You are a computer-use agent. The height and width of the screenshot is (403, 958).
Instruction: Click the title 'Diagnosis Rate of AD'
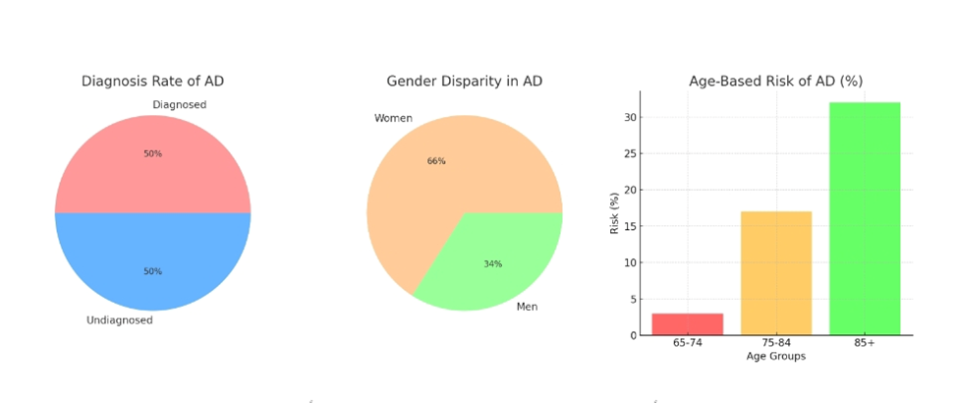(159, 82)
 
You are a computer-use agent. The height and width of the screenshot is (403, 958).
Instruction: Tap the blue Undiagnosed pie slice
(152, 251)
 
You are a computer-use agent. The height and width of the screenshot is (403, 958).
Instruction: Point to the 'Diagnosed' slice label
(179, 104)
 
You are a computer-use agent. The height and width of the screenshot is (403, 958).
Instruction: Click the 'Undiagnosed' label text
(119, 319)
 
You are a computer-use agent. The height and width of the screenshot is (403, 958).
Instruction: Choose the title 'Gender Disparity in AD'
(464, 82)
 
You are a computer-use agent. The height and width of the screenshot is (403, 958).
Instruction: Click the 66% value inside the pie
(436, 161)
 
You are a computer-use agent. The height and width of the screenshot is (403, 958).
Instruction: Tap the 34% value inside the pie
(492, 263)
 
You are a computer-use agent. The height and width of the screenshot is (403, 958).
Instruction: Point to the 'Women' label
(393, 119)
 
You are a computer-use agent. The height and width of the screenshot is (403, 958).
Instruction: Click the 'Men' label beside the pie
(527, 307)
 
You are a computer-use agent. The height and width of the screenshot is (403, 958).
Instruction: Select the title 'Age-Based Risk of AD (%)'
(776, 82)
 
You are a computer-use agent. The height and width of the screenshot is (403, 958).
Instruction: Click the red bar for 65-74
(688, 324)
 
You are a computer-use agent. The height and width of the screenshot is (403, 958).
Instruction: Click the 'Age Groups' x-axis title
(775, 356)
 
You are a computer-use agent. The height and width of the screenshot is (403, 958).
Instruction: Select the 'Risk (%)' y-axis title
(615, 212)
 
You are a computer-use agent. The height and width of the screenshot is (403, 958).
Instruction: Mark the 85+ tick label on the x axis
(865, 344)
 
